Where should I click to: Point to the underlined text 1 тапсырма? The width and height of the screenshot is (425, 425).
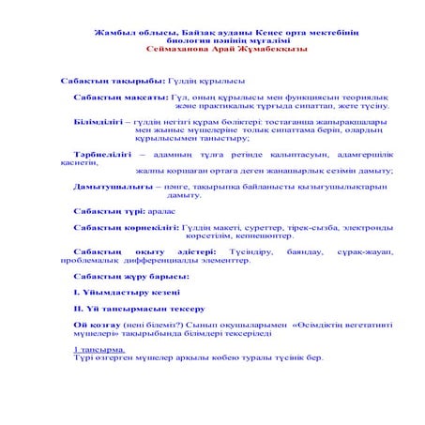(x=99, y=348)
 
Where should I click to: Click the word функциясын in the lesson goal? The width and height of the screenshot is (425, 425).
(x=290, y=99)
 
